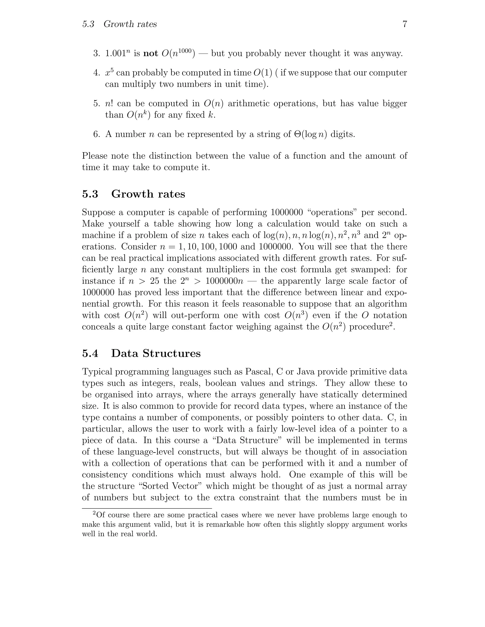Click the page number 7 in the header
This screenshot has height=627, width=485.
click(x=404, y=24)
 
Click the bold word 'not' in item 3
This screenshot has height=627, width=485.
click(x=151, y=53)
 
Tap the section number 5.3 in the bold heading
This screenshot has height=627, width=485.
click(x=90, y=194)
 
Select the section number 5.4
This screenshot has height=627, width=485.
click(x=90, y=353)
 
